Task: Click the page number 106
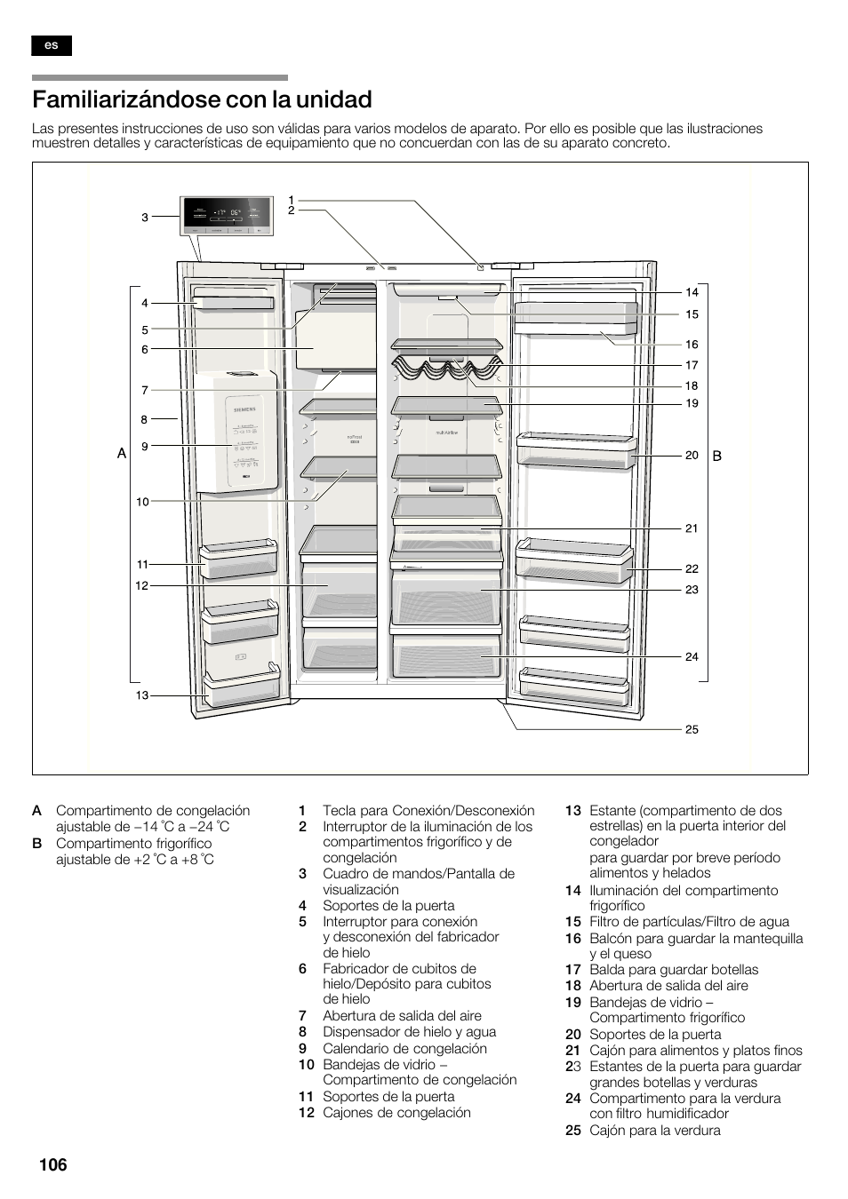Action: (52, 1164)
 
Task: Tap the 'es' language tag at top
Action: (51, 45)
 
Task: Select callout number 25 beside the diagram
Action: (692, 729)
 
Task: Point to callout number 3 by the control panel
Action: (145, 217)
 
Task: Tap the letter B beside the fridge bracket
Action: (716, 456)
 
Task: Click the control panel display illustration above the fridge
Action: (227, 217)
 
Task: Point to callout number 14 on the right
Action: (692, 292)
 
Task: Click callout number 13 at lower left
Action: (142, 695)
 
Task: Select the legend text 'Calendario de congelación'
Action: (404, 1048)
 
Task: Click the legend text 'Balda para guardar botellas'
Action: (674, 970)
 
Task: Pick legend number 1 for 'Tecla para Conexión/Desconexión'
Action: (302, 810)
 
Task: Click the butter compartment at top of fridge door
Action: (575, 317)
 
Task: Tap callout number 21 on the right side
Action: (692, 528)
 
